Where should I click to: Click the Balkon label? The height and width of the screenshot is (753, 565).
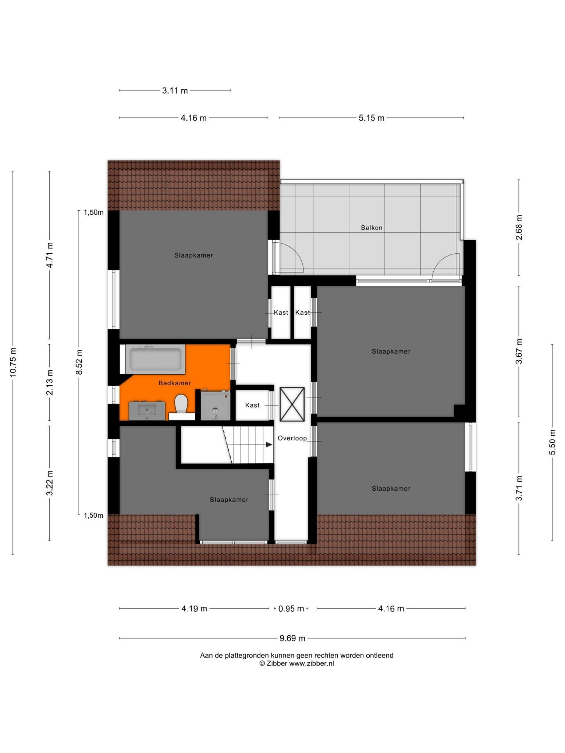372,228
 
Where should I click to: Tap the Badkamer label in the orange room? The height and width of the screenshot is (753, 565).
175,383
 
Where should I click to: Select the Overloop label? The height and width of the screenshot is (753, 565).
292,438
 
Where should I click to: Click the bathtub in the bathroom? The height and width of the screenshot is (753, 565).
155,359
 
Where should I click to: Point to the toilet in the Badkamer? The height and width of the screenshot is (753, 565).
181,406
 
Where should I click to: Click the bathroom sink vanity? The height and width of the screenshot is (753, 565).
147,411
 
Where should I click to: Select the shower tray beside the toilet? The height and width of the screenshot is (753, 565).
215,405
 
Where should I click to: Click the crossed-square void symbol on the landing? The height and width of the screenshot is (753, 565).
292,404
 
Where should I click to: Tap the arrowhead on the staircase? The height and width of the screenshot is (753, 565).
269,445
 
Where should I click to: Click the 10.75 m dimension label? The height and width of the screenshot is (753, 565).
13,362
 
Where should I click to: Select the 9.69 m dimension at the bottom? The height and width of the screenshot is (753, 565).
292,638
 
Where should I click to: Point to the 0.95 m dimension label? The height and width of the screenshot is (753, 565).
291,609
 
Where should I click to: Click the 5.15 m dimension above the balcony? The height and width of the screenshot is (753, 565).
372,118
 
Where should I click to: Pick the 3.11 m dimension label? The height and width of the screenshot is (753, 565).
175,90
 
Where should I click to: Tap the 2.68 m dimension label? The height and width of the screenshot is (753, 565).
519,228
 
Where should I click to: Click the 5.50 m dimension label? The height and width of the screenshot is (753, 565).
552,442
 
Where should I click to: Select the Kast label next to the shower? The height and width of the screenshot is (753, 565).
252,405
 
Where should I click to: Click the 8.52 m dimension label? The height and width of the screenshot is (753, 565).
79,362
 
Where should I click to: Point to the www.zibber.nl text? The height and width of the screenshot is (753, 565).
312,664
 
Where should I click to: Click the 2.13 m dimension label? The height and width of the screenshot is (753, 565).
50,382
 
